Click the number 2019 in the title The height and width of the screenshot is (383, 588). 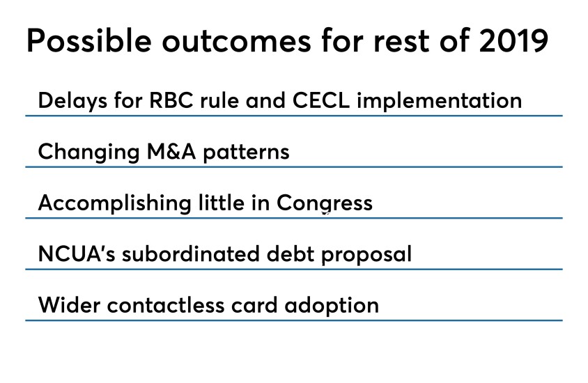[513, 40]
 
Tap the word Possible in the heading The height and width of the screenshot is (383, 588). [89, 40]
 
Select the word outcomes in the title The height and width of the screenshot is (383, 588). [237, 42]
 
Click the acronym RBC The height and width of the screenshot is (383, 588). [171, 100]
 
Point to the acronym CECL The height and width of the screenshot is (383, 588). [321, 100]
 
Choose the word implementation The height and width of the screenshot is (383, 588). [440, 101]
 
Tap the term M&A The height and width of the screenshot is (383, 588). [171, 151]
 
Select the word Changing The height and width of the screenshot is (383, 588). [89, 153]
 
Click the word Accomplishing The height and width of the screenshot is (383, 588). [115, 203]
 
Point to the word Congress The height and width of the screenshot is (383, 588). [325, 204]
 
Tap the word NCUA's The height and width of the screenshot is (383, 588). [77, 253]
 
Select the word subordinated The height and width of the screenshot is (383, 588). [191, 253]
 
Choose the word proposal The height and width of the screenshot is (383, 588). [366, 255]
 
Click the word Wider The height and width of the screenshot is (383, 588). [70, 305]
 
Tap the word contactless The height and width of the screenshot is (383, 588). [166, 305]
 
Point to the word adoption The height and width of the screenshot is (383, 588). [332, 306]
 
